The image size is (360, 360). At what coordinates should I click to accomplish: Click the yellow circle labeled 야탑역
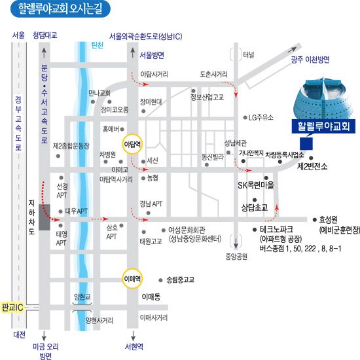click(132, 144)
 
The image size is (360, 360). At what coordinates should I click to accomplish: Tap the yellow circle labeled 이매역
click(132, 278)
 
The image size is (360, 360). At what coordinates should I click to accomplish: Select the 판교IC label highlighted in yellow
click(12, 307)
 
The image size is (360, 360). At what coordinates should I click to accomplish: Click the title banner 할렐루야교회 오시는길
click(60, 9)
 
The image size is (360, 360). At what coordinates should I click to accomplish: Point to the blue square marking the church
click(306, 144)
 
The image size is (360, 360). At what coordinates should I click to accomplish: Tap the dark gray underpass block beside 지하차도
click(45, 217)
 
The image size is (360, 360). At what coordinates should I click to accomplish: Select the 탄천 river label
click(98, 45)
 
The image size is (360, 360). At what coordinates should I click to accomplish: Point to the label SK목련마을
click(256, 185)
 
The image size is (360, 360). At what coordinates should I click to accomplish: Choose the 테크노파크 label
click(276, 229)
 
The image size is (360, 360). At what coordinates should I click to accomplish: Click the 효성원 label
click(329, 219)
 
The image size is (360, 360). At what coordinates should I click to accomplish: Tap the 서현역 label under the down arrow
click(134, 346)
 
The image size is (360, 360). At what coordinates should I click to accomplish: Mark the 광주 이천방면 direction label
click(310, 60)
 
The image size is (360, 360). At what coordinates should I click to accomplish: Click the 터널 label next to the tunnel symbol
click(249, 54)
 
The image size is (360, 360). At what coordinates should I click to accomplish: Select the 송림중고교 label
click(181, 279)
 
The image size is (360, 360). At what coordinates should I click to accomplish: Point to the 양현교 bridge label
click(82, 297)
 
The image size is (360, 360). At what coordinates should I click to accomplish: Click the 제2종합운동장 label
click(71, 146)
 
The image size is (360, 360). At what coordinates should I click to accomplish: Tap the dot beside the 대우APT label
click(61, 211)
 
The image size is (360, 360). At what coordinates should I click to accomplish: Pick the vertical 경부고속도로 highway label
click(18, 123)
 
